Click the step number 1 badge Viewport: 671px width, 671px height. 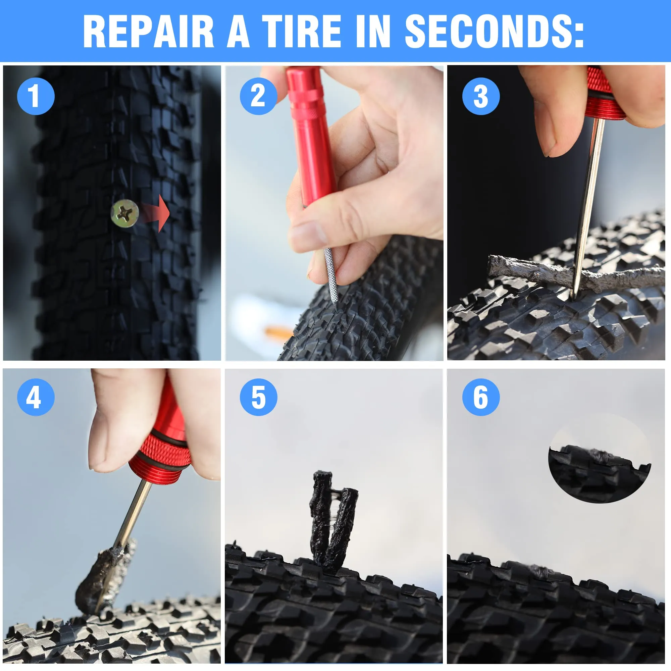click(36, 96)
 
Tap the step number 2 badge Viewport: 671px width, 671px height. click(258, 96)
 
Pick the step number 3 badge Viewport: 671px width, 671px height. click(481, 96)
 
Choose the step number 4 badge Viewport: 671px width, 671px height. click(36, 397)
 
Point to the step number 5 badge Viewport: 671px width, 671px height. click(258, 397)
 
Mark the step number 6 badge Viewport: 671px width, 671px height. click(481, 397)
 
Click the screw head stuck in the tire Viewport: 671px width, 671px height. click(125, 213)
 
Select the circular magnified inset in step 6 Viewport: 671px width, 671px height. click(600, 458)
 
